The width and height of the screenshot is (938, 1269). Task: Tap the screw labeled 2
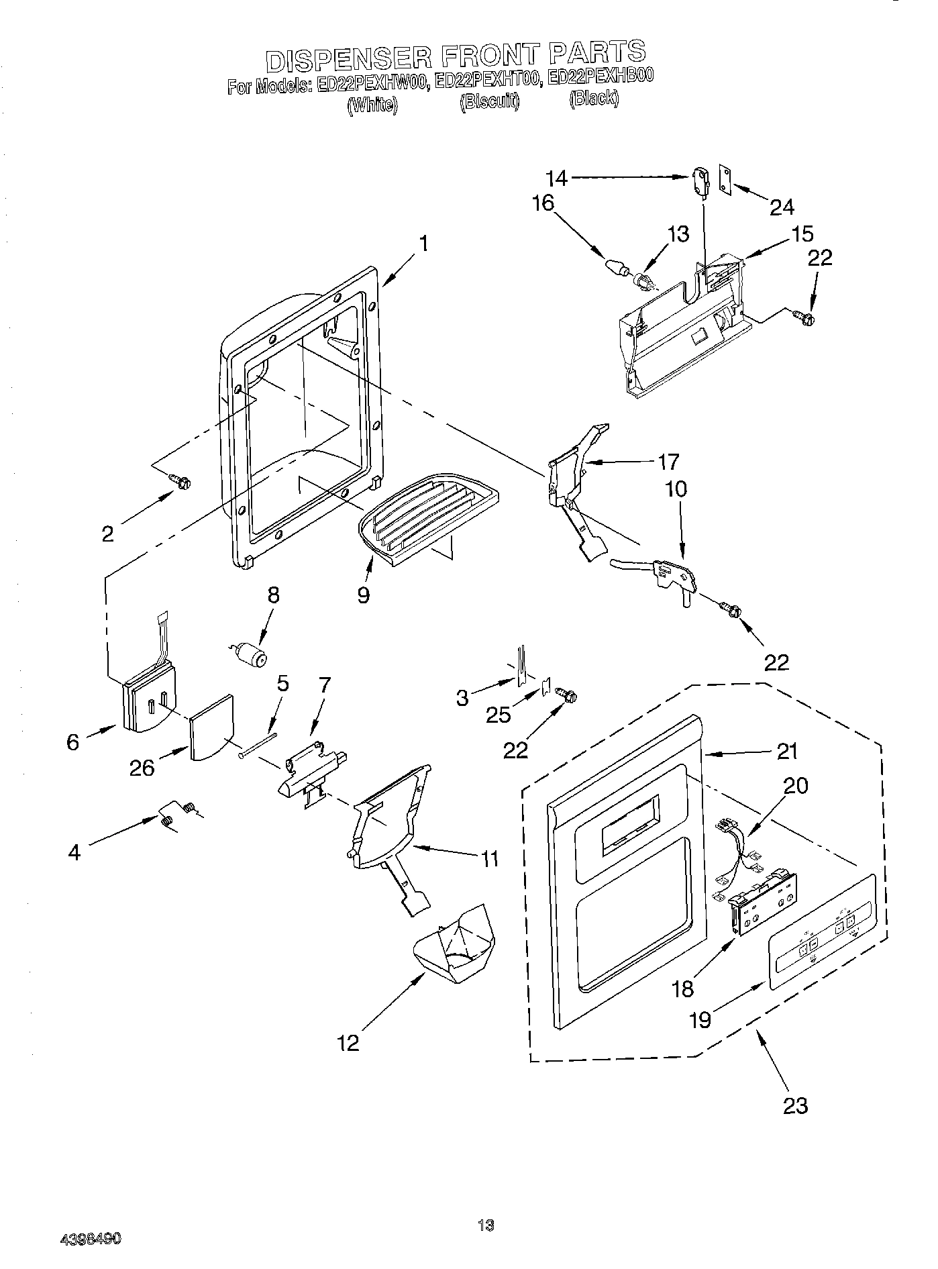pos(180,480)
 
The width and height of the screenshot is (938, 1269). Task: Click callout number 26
pos(142,767)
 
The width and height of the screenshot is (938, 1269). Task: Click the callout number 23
pos(795,1105)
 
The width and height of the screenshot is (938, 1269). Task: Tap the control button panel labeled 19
pos(822,930)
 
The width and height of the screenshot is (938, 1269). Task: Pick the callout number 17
pos(668,462)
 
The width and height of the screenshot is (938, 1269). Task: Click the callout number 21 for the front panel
pos(787,751)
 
